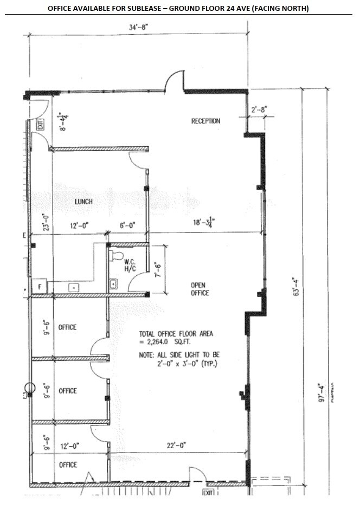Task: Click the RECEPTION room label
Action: [205, 121]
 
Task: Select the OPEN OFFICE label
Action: [200, 289]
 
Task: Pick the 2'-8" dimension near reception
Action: [259, 110]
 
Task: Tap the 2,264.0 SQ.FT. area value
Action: [169, 342]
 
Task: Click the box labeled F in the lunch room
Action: [40, 287]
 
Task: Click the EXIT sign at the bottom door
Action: [207, 493]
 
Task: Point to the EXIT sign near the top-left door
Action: [40, 126]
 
